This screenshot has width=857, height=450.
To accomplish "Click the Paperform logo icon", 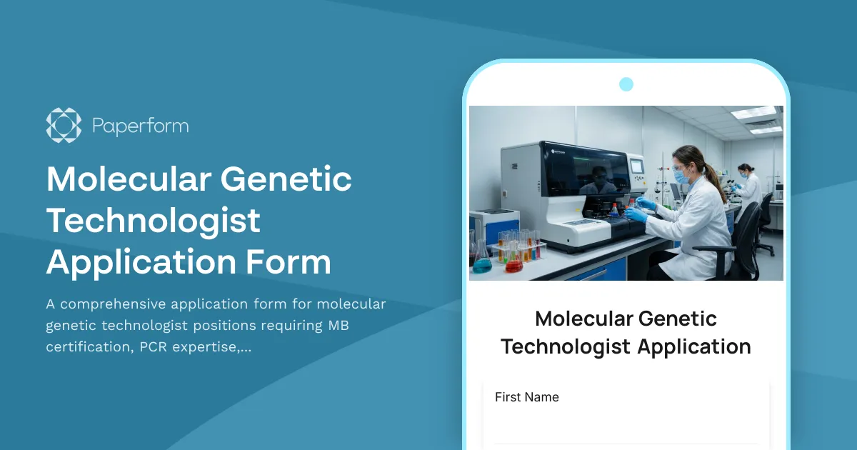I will coord(64,125).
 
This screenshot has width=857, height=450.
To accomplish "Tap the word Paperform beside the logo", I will coord(140,126).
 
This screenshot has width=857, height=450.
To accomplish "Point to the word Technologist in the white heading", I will coord(154,221).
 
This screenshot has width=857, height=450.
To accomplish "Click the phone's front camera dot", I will coord(626,84).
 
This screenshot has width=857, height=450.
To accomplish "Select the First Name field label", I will coord(527,397).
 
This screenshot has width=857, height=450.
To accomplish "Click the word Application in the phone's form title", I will coord(693,346).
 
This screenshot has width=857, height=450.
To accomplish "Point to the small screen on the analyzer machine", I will coord(635,165).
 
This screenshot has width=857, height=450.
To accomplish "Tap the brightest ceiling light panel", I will coord(753,113).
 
